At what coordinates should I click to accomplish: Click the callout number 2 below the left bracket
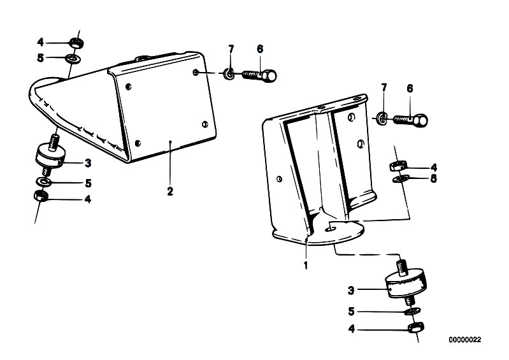[x=170, y=191]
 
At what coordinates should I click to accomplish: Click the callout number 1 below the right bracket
[x=306, y=265]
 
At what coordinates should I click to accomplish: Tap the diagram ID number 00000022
[x=465, y=340]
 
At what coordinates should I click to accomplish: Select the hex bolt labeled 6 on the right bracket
[x=411, y=120]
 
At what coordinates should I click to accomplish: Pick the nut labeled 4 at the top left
[x=77, y=43]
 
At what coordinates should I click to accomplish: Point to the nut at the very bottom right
[x=415, y=328]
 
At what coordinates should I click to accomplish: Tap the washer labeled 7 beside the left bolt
[x=229, y=75]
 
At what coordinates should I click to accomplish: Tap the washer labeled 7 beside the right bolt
[x=382, y=118]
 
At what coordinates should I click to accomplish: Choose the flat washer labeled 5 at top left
[x=73, y=59]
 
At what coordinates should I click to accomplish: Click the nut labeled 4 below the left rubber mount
[x=41, y=196]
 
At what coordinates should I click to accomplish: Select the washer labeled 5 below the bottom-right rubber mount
[x=412, y=312]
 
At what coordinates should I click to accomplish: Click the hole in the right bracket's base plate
[x=331, y=229]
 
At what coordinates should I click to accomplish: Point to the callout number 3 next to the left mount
[x=88, y=163]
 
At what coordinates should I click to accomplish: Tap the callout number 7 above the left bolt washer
[x=231, y=49]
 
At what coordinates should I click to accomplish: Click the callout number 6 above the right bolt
[x=410, y=89]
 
